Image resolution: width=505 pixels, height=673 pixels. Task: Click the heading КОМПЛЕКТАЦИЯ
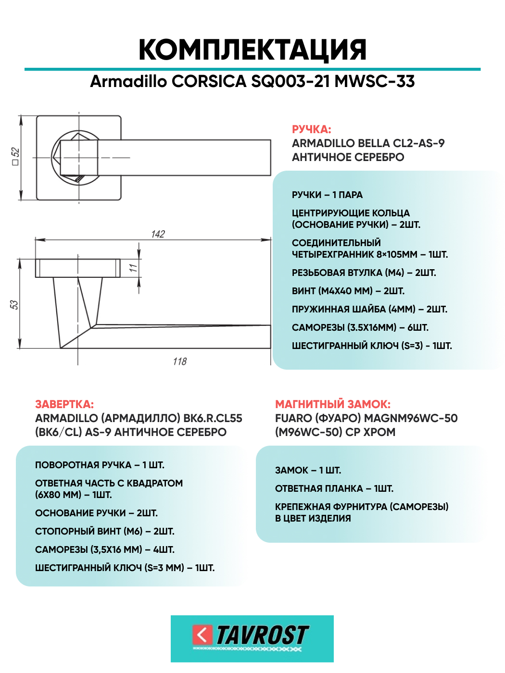(x=252, y=50)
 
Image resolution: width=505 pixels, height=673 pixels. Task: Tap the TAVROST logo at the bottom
(x=252, y=638)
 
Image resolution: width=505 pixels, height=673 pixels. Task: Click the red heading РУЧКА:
(x=311, y=129)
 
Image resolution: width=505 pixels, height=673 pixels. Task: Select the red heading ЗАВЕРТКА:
(x=64, y=404)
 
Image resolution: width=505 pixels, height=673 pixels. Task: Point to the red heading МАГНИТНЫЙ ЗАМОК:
(x=332, y=404)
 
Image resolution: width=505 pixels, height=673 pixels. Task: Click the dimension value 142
(x=158, y=234)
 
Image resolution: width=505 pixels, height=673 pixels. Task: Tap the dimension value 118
(x=180, y=361)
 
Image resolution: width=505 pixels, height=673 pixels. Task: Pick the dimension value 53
(x=14, y=304)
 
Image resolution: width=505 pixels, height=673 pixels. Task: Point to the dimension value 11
(x=133, y=268)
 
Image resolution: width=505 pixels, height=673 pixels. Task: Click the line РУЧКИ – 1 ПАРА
(x=327, y=195)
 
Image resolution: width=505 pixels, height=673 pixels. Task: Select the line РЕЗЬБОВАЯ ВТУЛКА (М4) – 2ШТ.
(x=364, y=273)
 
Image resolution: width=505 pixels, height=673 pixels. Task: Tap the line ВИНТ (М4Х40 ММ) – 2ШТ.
(x=348, y=291)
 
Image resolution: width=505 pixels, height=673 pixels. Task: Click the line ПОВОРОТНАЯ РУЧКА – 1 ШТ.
(x=100, y=465)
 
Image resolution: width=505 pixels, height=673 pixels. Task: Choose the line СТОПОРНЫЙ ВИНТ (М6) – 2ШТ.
(x=104, y=531)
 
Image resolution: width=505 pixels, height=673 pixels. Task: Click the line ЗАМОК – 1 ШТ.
(x=308, y=470)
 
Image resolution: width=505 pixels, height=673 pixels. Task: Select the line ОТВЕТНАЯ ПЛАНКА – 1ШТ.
(x=334, y=488)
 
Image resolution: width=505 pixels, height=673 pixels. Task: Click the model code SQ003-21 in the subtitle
(x=290, y=81)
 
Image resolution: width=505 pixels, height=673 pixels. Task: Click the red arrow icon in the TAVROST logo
(x=202, y=635)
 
